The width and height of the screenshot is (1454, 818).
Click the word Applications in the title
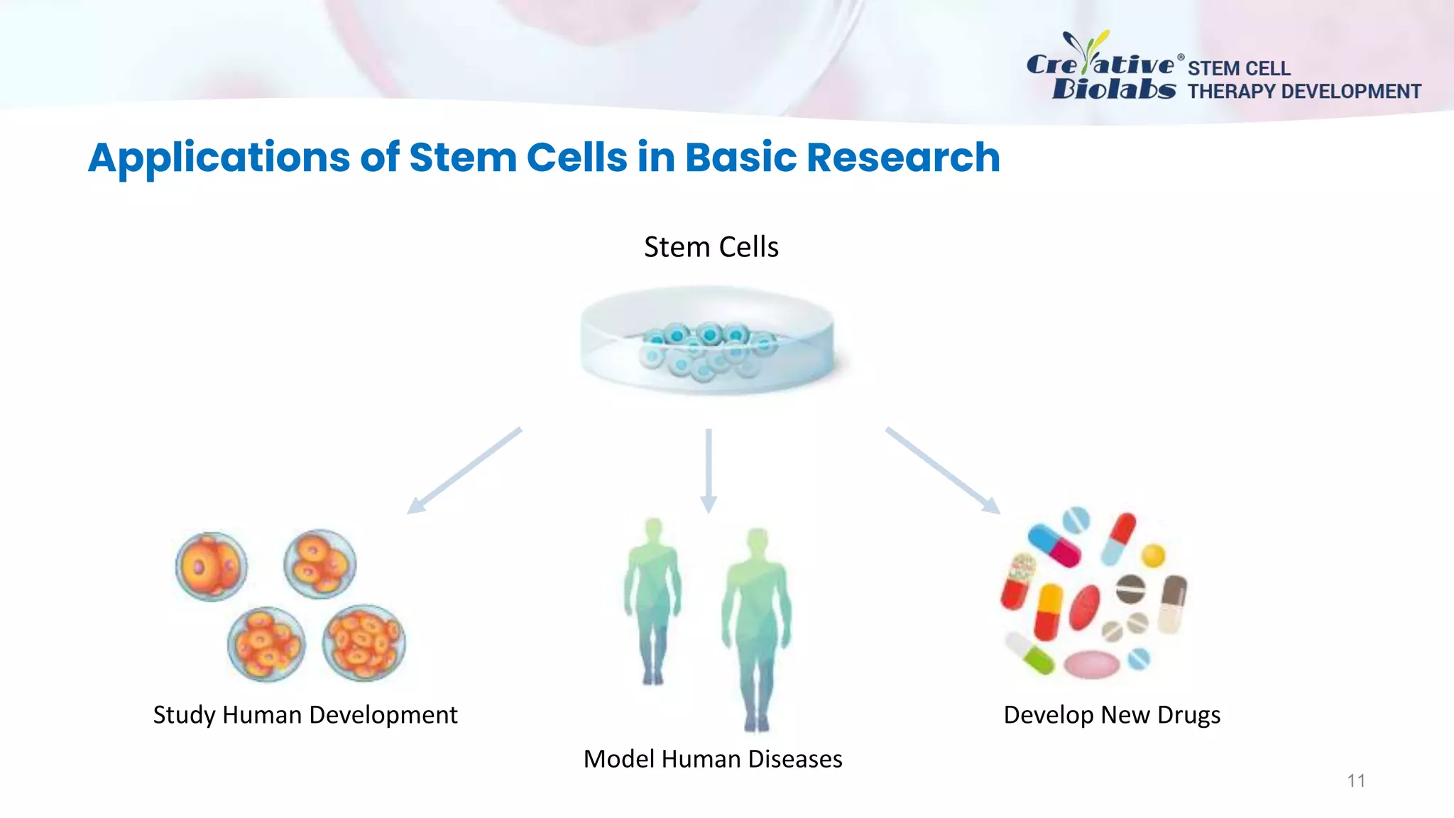click(219, 158)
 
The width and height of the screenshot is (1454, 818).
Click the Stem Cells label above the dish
click(711, 247)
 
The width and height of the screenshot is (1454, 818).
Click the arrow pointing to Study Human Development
click(464, 470)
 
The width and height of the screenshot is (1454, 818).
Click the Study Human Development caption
click(305, 714)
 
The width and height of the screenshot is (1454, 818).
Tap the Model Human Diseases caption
click(713, 759)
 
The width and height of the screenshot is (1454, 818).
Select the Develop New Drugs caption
click(1112, 714)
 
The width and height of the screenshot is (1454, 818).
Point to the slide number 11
click(1356, 781)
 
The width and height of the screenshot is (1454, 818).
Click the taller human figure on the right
click(757, 625)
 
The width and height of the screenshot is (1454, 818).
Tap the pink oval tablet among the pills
click(1092, 665)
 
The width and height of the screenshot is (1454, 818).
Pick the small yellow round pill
click(1153, 555)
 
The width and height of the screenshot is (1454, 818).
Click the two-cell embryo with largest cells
click(212, 567)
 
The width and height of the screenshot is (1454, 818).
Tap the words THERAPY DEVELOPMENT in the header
click(1304, 92)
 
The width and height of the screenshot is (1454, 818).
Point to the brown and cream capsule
click(1172, 604)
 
